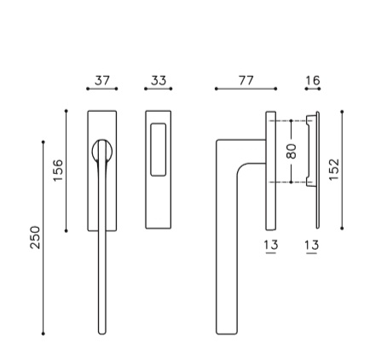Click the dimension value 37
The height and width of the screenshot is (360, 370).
click(102, 80)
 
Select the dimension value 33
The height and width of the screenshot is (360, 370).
click(159, 80)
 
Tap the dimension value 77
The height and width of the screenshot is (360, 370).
click(246, 80)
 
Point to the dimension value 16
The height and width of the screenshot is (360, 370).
click(313, 80)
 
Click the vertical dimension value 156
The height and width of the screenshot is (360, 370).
click(58, 171)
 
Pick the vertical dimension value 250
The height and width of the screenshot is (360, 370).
click(35, 237)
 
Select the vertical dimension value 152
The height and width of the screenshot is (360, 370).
click(334, 170)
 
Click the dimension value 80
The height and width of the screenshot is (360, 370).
click(292, 151)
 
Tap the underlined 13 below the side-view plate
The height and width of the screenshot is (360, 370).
click(271, 246)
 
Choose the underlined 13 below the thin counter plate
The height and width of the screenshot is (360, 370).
click(312, 246)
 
